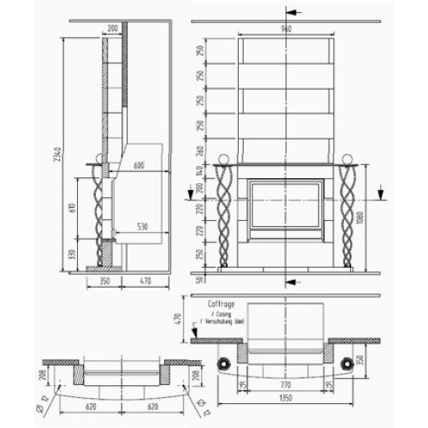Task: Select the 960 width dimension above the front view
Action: point(287,28)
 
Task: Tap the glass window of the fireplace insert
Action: point(287,210)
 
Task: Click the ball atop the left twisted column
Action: point(225,159)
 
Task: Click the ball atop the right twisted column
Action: point(348,159)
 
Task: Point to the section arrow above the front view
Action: point(293,12)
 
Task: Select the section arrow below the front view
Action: point(293,281)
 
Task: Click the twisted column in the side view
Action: point(99,210)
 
